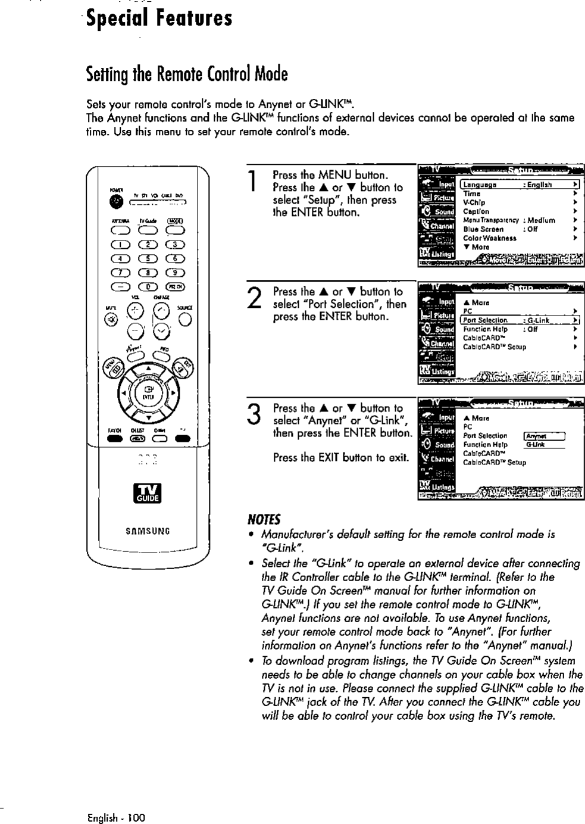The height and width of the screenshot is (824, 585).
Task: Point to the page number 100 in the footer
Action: [135, 817]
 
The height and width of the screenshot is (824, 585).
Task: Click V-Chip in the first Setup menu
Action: [474, 202]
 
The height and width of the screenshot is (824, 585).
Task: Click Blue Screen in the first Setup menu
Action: [483, 229]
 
